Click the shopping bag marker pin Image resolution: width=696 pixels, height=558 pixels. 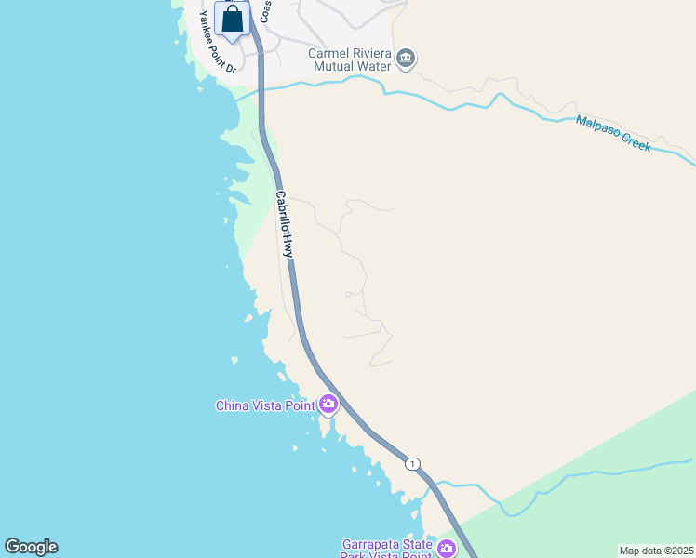232,20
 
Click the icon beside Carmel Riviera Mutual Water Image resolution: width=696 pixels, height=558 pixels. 405,60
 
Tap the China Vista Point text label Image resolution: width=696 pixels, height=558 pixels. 264,405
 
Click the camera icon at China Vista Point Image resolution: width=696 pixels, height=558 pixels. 328,404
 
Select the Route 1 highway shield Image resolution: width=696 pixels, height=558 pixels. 412,463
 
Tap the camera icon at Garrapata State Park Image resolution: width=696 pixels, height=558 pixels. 446,549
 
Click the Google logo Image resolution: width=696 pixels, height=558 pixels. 31,547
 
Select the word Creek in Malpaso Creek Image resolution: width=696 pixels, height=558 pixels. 636,143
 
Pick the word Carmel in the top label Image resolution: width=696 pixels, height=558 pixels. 329,53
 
